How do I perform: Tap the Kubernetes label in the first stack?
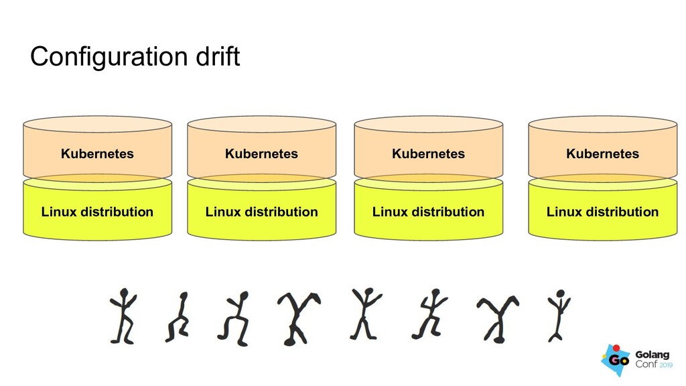pyautogui.click(x=97, y=153)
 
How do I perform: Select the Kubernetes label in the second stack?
pyautogui.click(x=261, y=153)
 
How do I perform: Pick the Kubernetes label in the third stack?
pyautogui.click(x=428, y=153)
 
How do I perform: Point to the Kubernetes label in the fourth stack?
pyautogui.click(x=602, y=153)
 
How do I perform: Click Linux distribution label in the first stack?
pyautogui.click(x=97, y=212)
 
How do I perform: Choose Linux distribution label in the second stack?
pyautogui.click(x=261, y=212)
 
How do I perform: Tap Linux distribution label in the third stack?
pyautogui.click(x=428, y=212)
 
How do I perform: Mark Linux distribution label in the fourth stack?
pyautogui.click(x=602, y=212)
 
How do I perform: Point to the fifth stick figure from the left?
pyautogui.click(x=364, y=313)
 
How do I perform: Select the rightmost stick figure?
pyautogui.click(x=557, y=314)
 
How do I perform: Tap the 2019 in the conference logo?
pyautogui.click(x=667, y=365)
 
